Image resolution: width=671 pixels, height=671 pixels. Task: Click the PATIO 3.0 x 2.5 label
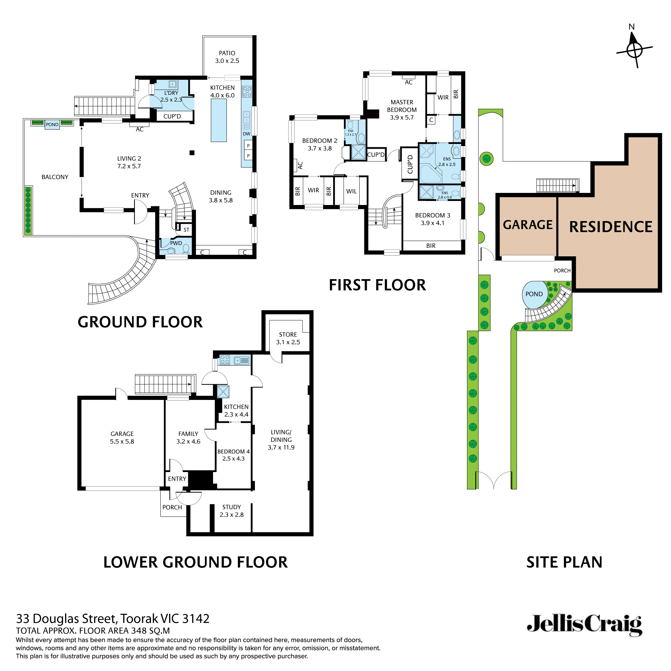click(227, 57)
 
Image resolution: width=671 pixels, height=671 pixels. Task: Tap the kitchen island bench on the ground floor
click(218, 120)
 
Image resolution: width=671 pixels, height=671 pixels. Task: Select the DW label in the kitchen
click(246, 134)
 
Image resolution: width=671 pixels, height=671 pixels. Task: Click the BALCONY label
click(55, 177)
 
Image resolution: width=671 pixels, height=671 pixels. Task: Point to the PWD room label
click(176, 243)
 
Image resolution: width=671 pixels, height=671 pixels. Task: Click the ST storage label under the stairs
click(186, 229)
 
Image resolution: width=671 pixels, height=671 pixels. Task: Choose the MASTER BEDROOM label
click(402, 106)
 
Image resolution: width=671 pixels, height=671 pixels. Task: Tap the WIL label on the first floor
click(351, 191)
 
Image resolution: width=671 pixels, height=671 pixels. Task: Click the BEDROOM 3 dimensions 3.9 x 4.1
click(432, 223)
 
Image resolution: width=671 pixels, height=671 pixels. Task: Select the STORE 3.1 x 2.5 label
click(288, 338)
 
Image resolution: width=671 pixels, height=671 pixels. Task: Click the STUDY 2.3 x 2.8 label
click(231, 511)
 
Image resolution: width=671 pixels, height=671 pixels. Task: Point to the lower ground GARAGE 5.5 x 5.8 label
click(122, 437)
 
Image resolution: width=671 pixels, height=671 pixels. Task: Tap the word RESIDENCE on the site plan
click(611, 227)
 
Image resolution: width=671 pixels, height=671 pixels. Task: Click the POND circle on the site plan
click(534, 294)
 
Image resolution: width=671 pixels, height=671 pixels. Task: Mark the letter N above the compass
click(631, 27)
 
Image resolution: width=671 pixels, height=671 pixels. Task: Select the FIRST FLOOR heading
click(377, 285)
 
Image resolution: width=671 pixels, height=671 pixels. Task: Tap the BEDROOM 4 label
click(234, 452)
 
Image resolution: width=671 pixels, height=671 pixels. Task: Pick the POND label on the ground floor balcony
click(52, 124)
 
